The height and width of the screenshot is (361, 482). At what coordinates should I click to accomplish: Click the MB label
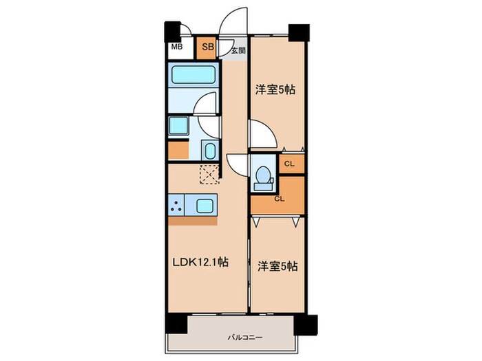tap(176, 48)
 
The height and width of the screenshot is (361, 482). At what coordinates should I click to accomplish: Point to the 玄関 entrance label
tap(238, 50)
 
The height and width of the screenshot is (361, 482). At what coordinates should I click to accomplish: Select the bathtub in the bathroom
tap(193, 74)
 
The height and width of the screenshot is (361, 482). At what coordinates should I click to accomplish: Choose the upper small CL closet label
tap(289, 164)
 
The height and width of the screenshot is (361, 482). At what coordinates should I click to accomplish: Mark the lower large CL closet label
tap(279, 199)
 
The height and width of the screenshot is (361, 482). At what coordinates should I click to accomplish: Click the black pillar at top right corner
tap(300, 31)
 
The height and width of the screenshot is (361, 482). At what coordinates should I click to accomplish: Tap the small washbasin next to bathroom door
tap(209, 150)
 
